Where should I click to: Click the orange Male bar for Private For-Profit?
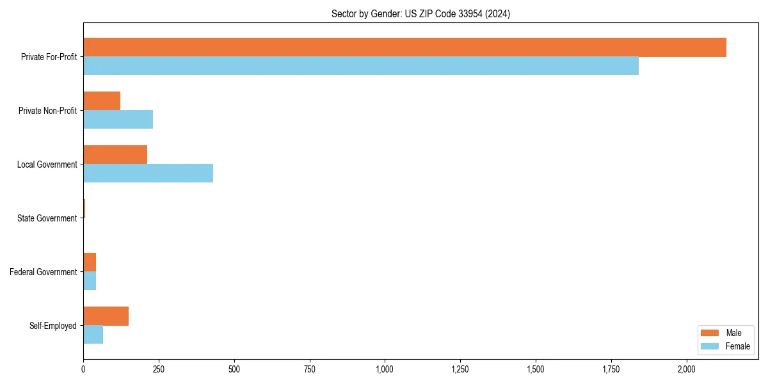[x=404, y=47]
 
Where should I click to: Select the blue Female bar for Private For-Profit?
[x=361, y=66]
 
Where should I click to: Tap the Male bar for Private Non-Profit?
[x=102, y=101]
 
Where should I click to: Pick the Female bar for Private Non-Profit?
[x=118, y=120]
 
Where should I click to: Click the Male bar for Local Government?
[x=115, y=155]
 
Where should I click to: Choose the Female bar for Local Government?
[x=148, y=173]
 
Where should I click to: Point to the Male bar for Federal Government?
[x=90, y=262]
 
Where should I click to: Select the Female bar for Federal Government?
[x=90, y=281]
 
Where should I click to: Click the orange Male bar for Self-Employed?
[x=106, y=316]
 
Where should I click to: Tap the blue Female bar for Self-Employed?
[x=93, y=335]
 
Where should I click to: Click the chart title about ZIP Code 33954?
[x=420, y=13]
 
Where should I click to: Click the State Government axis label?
[x=47, y=218]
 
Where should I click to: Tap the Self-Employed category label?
[x=52, y=326]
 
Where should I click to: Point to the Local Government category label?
[x=47, y=164]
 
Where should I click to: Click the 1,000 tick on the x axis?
[x=385, y=369]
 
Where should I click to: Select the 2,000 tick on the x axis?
[x=686, y=369]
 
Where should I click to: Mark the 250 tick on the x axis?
[x=159, y=369]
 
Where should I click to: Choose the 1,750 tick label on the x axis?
[x=611, y=369]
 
